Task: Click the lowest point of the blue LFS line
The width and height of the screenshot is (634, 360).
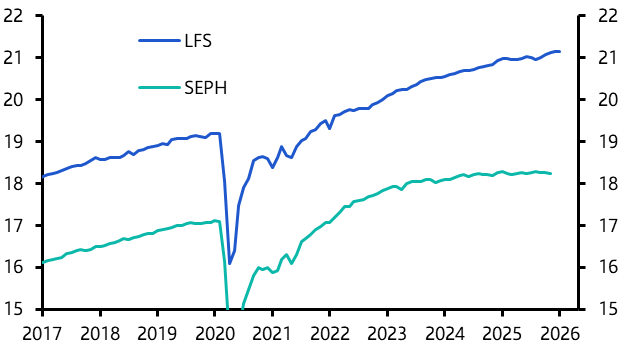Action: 229,264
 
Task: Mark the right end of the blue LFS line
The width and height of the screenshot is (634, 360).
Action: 560,51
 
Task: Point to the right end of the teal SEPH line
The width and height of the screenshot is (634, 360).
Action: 551,174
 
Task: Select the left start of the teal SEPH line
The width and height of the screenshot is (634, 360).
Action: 43,262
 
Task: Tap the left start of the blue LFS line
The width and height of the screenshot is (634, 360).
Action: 43,177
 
